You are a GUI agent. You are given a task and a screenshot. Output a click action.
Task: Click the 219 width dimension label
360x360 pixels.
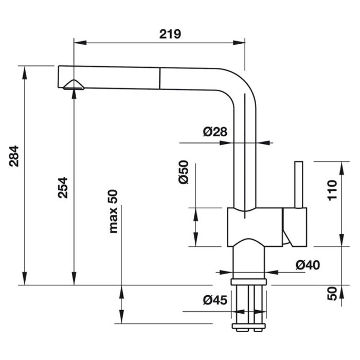(x=170, y=34)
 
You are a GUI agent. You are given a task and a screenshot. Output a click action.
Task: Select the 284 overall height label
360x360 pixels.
(x=14, y=158)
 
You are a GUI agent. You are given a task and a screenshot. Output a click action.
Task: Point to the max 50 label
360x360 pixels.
(x=113, y=211)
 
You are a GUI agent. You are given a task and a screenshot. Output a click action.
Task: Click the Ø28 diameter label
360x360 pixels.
(x=215, y=132)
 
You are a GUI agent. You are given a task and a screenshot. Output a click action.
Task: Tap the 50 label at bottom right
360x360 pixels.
(x=332, y=294)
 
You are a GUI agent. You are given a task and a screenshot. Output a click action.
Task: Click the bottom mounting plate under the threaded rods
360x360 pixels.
(x=249, y=327)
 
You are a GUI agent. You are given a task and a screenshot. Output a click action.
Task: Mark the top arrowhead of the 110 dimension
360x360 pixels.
(x=341, y=165)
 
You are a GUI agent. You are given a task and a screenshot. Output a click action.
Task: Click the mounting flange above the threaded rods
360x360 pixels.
(x=249, y=281)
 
